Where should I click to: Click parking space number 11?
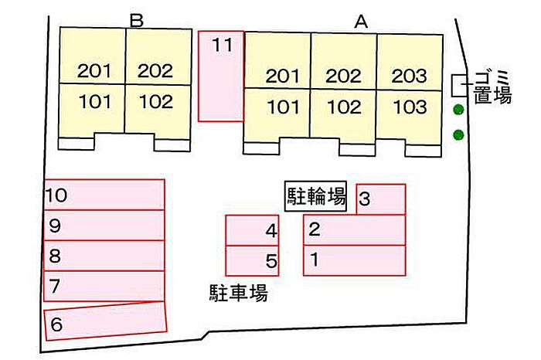(221, 76)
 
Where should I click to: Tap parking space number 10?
(105, 195)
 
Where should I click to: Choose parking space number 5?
(252, 261)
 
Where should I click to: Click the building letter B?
(138, 21)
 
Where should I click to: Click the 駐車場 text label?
(238, 293)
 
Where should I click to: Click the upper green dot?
(458, 110)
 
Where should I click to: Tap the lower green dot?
(458, 135)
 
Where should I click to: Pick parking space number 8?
(105, 255)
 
